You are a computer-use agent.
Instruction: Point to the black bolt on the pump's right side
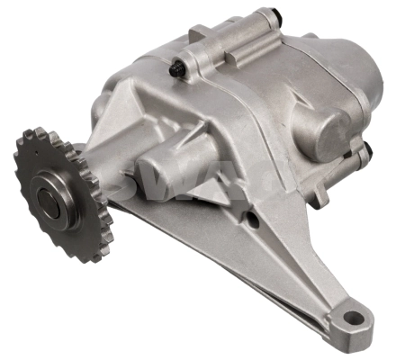click(365, 149)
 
